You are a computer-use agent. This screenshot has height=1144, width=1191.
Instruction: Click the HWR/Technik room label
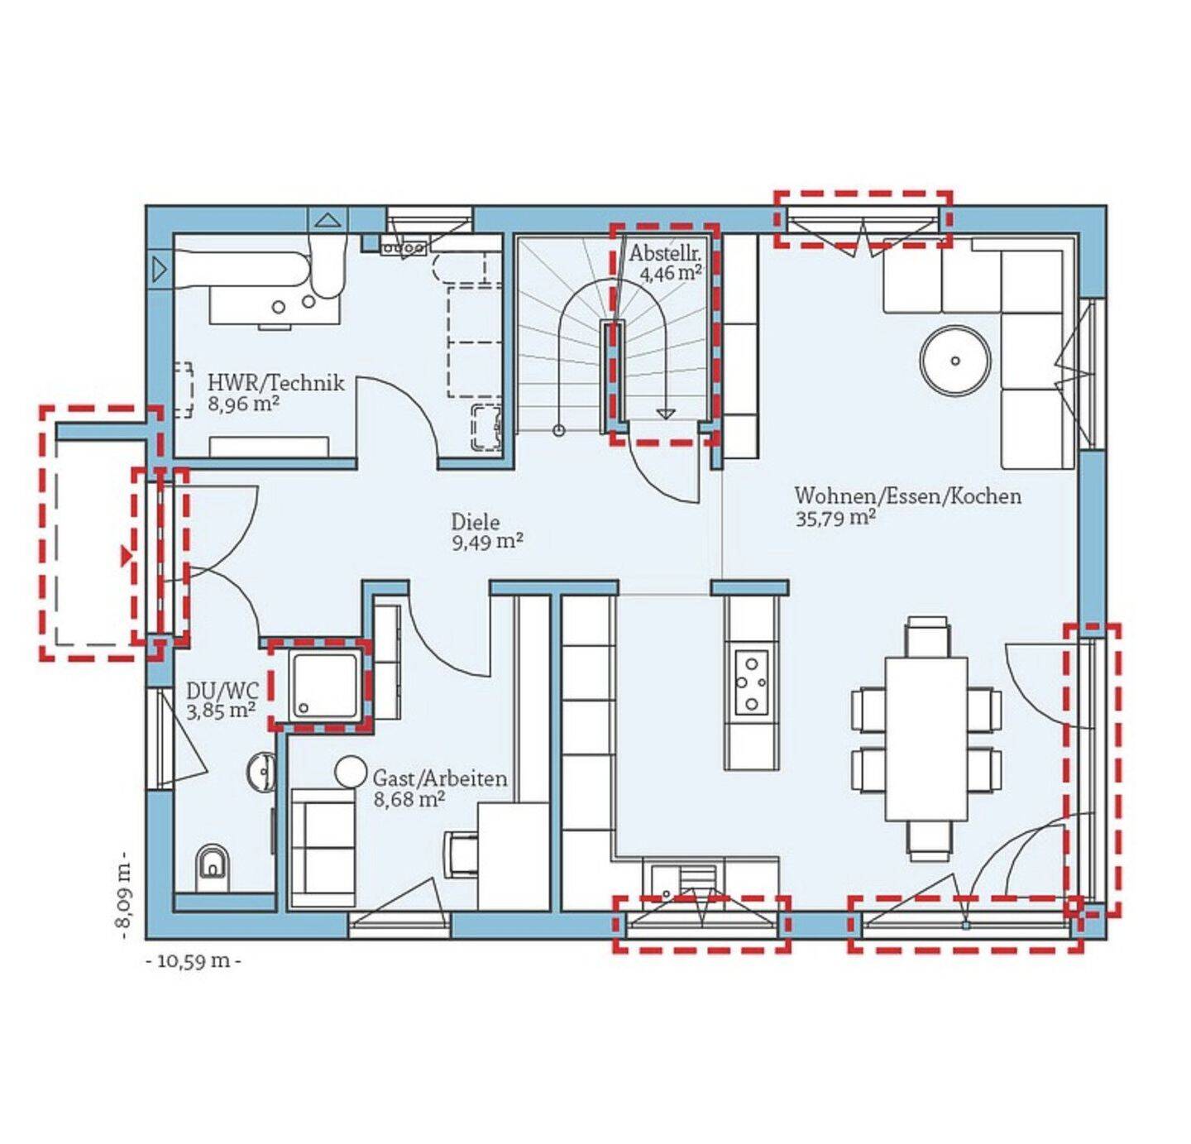275,383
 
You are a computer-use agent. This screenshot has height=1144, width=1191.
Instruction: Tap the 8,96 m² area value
244,404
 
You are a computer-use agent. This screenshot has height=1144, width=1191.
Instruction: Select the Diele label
476,522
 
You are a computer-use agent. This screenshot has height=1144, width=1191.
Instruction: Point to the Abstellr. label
665,253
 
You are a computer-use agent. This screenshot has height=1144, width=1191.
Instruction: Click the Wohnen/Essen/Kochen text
907,496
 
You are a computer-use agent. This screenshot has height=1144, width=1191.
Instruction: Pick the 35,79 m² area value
835,518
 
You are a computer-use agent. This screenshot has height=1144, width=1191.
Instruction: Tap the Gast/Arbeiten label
440,778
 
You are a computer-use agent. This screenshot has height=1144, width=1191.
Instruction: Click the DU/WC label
222,692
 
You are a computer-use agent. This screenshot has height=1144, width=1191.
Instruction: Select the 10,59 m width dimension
194,961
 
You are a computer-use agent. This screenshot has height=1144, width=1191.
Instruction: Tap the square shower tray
324,684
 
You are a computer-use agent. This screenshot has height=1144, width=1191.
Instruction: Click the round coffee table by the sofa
955,361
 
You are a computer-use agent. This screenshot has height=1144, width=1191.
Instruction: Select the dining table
926,740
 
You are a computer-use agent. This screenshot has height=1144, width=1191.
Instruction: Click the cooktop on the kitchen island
752,683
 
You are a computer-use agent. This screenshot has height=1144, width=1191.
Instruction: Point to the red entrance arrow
126,555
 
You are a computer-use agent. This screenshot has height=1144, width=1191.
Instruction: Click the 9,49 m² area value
487,543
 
